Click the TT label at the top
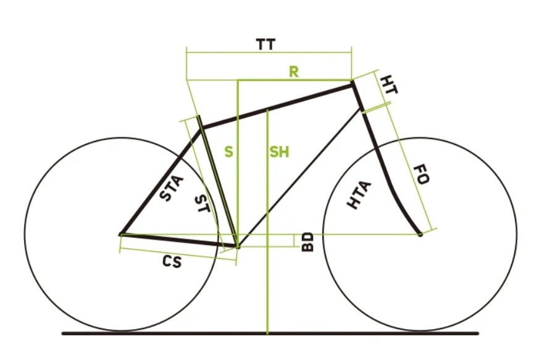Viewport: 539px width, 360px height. click(x=265, y=44)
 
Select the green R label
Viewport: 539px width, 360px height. click(x=294, y=72)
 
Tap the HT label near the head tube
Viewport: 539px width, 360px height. click(x=390, y=85)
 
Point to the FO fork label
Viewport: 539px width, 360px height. click(x=420, y=174)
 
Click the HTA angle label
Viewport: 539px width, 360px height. click(x=359, y=195)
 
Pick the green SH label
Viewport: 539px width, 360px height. click(x=279, y=152)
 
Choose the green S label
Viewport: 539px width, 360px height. click(x=228, y=152)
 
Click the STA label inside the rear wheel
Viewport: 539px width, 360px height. click(x=172, y=188)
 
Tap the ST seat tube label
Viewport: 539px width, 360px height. click(x=202, y=203)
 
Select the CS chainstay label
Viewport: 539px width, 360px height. click(x=172, y=262)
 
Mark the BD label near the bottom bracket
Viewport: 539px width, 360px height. click(x=307, y=242)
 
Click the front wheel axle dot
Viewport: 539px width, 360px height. click(x=420, y=235)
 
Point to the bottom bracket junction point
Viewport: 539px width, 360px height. click(x=237, y=246)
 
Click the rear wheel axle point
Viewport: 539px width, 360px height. click(x=120, y=235)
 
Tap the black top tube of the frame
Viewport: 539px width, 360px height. click(x=277, y=106)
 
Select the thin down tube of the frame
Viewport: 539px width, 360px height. click(x=299, y=178)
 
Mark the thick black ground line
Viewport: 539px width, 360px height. click(x=270, y=333)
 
